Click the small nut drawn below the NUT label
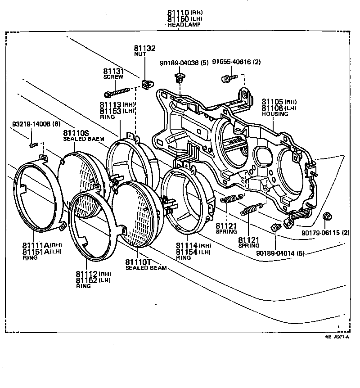pyautogui.click(x=146, y=83)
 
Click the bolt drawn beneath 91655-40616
pyautogui.click(x=226, y=79)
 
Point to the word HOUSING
pyautogui.click(x=274, y=114)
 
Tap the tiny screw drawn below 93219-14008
pyautogui.click(x=32, y=145)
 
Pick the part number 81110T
pyautogui.click(x=139, y=262)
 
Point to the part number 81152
pyautogui.click(x=87, y=280)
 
